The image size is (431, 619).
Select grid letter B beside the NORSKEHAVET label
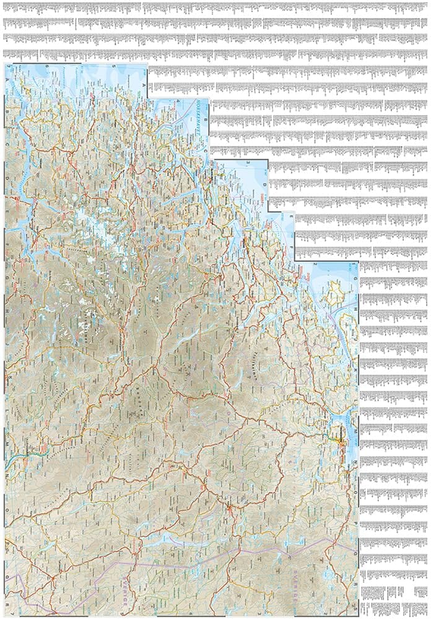(206, 115)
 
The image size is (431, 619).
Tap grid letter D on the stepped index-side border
(264, 184)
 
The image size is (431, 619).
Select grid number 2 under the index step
(316, 264)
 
